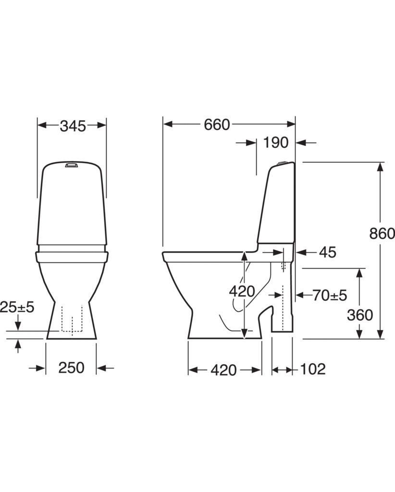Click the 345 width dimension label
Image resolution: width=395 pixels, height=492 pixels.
[x=73, y=126]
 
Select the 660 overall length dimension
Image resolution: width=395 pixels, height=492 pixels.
[x=217, y=124]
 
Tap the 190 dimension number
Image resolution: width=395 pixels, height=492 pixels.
[x=276, y=143]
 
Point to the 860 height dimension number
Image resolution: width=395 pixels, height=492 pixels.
[x=382, y=234]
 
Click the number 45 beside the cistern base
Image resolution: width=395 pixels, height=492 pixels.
[x=328, y=252]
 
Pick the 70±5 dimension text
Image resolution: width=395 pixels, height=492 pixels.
[x=330, y=295]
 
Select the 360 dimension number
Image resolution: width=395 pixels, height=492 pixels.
[x=360, y=315]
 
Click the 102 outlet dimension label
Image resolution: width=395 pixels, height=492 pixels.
[x=313, y=369]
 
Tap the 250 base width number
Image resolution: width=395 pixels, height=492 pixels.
[x=71, y=368]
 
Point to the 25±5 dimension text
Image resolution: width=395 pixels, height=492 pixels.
[x=17, y=307]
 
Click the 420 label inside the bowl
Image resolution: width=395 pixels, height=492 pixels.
[x=242, y=292]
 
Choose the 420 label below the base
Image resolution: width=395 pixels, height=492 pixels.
[x=223, y=370]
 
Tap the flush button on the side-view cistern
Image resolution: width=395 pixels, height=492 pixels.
[x=283, y=162]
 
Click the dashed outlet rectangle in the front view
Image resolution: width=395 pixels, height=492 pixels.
[x=72, y=318]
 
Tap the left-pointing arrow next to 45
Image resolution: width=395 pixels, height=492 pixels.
[x=306, y=252]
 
